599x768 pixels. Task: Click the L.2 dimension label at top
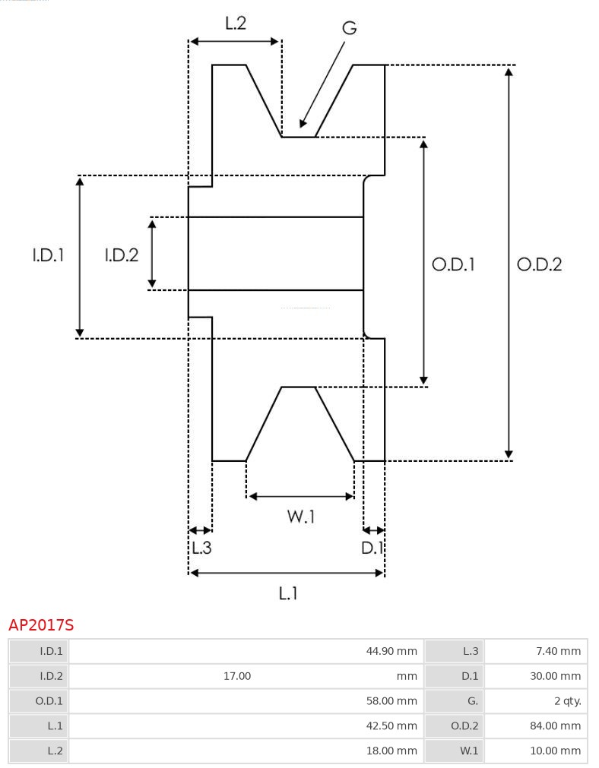tap(236, 24)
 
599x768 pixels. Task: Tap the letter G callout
tap(349, 28)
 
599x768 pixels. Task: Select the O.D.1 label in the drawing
tap(454, 264)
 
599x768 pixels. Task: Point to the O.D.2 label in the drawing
tap(539, 264)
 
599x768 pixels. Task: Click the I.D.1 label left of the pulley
tap(48, 255)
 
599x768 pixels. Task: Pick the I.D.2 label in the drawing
tap(122, 255)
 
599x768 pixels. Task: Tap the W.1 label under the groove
tap(301, 517)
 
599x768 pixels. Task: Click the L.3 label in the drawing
tap(201, 548)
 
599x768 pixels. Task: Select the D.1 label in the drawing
tap(372, 548)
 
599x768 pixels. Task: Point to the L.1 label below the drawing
tap(287, 593)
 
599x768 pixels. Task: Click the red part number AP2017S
tap(41, 625)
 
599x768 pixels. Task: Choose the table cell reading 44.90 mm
tap(391, 651)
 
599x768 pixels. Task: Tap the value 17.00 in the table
tap(237, 676)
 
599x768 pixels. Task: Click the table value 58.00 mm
tap(391, 701)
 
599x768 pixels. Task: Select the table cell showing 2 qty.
tap(567, 701)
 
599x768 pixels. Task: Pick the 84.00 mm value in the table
tap(555, 726)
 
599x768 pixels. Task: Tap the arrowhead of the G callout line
tap(303, 123)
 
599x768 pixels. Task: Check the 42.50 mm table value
tap(391, 726)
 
